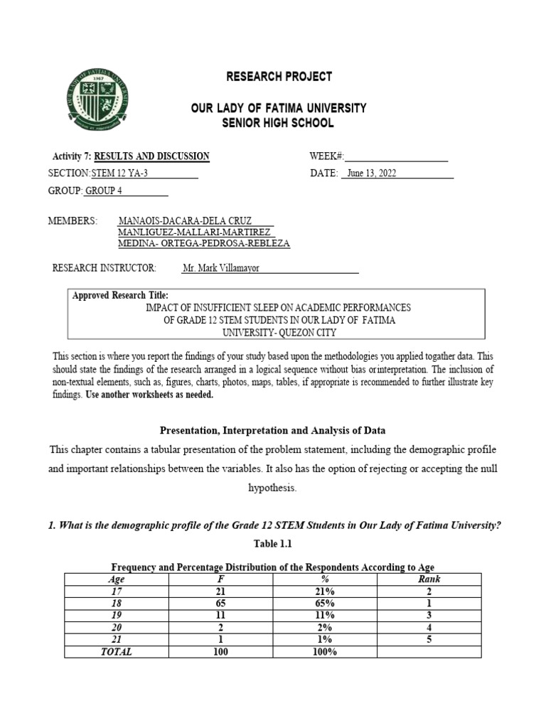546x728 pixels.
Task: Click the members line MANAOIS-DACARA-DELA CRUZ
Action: [x=191, y=221]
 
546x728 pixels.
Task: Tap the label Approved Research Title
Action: [x=120, y=295]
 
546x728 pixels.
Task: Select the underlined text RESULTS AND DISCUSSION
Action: [x=151, y=156]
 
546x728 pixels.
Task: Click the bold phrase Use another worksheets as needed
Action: [x=149, y=395]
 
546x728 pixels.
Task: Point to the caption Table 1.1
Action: [x=273, y=544]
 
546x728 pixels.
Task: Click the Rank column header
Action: [x=429, y=579]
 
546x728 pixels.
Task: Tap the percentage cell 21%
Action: [x=324, y=591]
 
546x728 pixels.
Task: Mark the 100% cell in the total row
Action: [x=324, y=651]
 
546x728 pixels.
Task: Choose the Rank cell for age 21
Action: [x=429, y=639]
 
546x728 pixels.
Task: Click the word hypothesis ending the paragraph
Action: [x=273, y=488]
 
